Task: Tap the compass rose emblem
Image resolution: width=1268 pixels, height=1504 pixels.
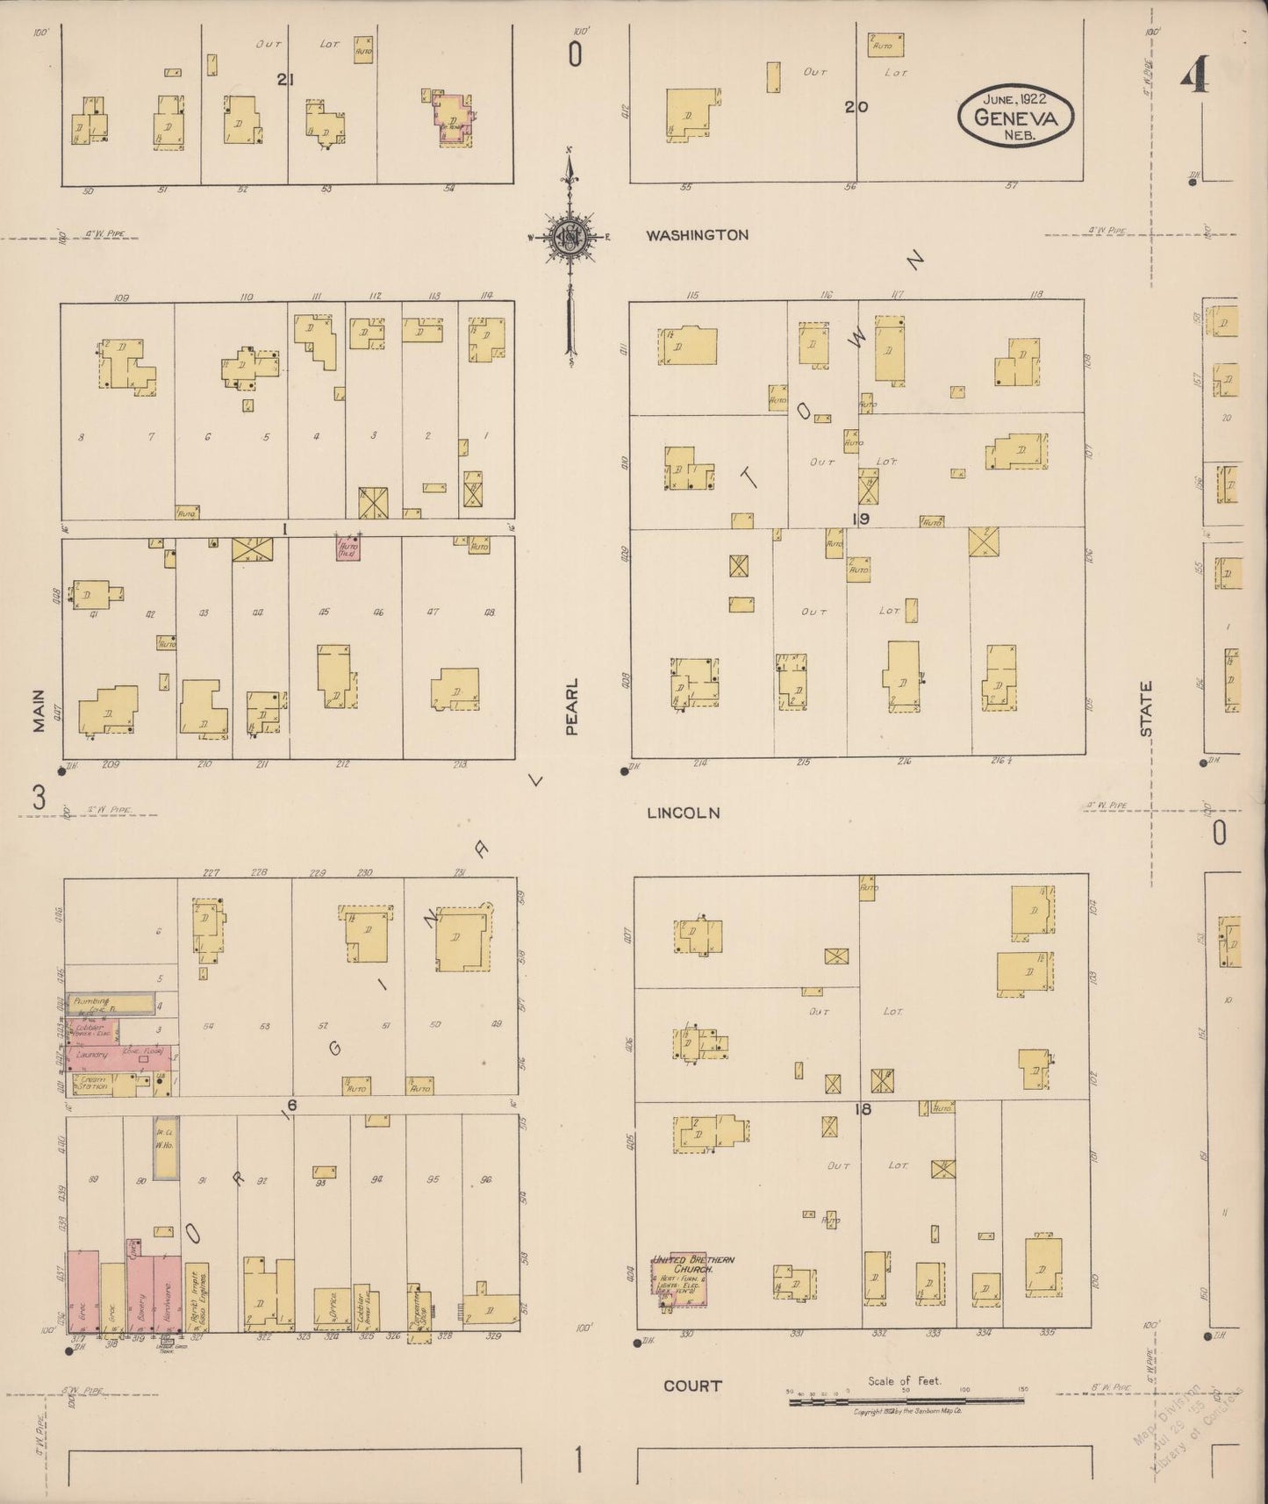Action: pos(570,237)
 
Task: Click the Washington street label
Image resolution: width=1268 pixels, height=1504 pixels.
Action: pos(697,235)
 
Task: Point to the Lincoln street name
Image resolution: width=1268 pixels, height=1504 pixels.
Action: pos(683,813)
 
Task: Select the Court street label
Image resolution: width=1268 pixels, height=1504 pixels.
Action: pos(692,1386)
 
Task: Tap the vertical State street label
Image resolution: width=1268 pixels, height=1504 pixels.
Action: pos(1146,709)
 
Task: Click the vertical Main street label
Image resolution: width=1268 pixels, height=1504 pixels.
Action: pos(39,709)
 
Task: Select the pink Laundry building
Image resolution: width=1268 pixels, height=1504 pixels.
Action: pos(123,1056)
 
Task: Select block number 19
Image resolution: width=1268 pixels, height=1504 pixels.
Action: pos(860,519)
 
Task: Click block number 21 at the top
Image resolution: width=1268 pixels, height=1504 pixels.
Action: pos(284,80)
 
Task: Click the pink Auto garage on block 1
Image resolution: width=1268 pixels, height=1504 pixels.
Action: pos(348,548)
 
